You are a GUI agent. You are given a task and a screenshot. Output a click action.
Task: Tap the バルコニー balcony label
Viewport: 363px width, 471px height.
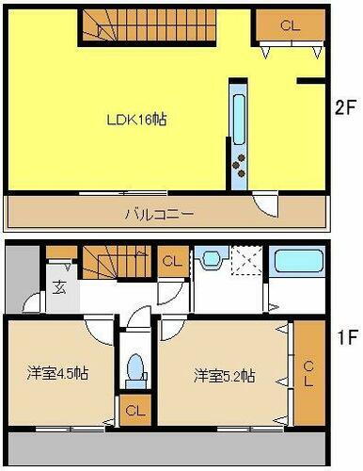(x=160, y=214)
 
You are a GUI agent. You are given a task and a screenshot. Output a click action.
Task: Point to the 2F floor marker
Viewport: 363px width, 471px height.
(x=344, y=106)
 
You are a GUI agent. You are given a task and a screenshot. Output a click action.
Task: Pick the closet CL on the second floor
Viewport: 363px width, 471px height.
(x=289, y=25)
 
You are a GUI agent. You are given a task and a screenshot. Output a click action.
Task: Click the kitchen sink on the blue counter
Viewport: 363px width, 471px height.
(x=237, y=114)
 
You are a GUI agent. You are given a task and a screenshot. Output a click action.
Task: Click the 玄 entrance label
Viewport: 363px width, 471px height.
(x=58, y=288)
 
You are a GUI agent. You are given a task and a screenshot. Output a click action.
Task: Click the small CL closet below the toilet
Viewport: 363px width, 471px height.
(x=135, y=410)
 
